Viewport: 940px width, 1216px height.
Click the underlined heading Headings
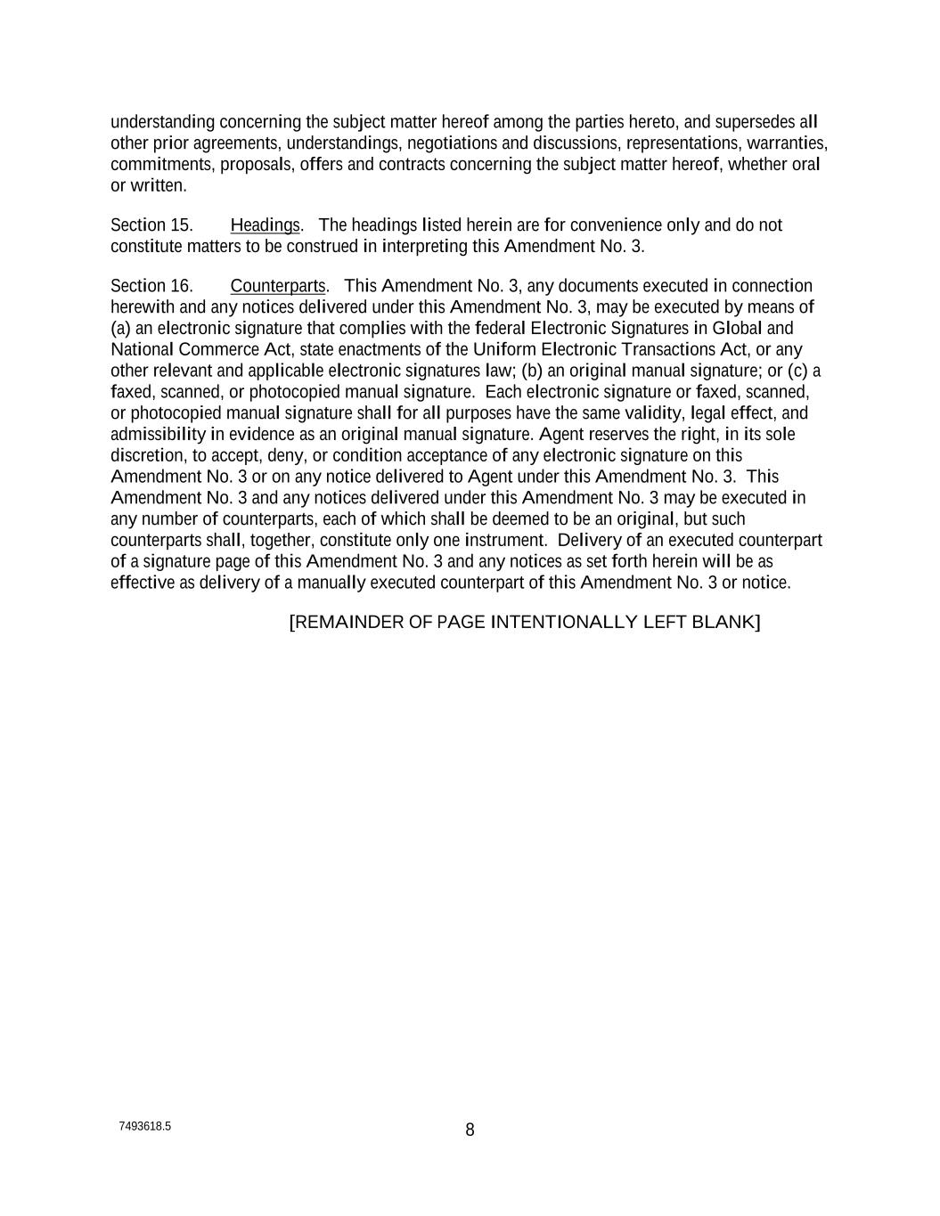click(x=266, y=225)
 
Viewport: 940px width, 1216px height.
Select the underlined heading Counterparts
click(x=278, y=286)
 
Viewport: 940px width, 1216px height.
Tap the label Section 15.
click(x=151, y=225)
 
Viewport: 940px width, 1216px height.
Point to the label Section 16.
click(x=151, y=286)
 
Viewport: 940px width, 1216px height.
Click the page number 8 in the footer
click(x=470, y=1130)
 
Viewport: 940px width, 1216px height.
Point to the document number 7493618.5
click(x=145, y=1126)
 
